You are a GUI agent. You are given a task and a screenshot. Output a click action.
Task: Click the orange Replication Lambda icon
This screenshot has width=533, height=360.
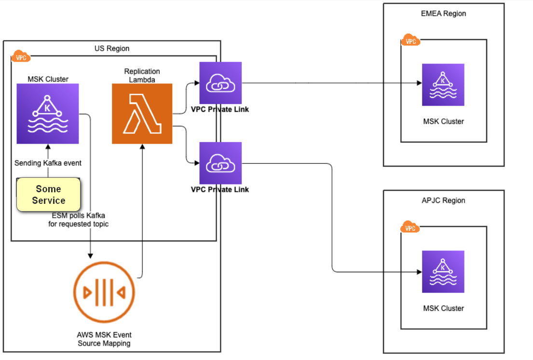[x=142, y=114]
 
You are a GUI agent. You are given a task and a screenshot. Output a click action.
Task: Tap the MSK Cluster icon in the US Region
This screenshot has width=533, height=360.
[x=47, y=114]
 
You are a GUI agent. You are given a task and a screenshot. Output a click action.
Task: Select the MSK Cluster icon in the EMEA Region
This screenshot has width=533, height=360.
[x=443, y=85]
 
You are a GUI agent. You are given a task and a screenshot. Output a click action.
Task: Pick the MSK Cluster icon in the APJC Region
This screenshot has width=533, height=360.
[x=443, y=271]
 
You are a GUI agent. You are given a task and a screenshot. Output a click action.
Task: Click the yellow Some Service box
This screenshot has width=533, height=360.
[x=49, y=195]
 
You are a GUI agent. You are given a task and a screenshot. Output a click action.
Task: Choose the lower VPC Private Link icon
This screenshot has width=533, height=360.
[x=220, y=163]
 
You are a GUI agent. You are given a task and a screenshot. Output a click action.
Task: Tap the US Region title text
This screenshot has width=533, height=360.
[x=112, y=49]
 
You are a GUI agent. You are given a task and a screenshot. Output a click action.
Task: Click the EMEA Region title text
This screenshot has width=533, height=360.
[x=443, y=13]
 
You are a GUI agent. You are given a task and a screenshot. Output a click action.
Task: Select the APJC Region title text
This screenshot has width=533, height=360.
[x=443, y=200]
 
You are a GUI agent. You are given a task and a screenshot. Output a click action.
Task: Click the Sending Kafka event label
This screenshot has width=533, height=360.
[x=48, y=163]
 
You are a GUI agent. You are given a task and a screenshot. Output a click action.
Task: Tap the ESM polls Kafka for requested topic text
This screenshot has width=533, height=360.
[x=79, y=220]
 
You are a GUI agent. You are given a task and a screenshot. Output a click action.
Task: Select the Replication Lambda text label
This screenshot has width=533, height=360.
[x=142, y=76]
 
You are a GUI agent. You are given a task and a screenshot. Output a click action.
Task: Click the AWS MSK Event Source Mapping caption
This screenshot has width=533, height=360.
[x=104, y=339]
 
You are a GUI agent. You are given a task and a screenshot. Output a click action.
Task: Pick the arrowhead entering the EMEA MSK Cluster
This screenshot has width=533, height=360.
[x=419, y=83]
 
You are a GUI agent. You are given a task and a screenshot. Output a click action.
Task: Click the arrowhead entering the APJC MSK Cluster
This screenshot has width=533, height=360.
[x=419, y=272]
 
